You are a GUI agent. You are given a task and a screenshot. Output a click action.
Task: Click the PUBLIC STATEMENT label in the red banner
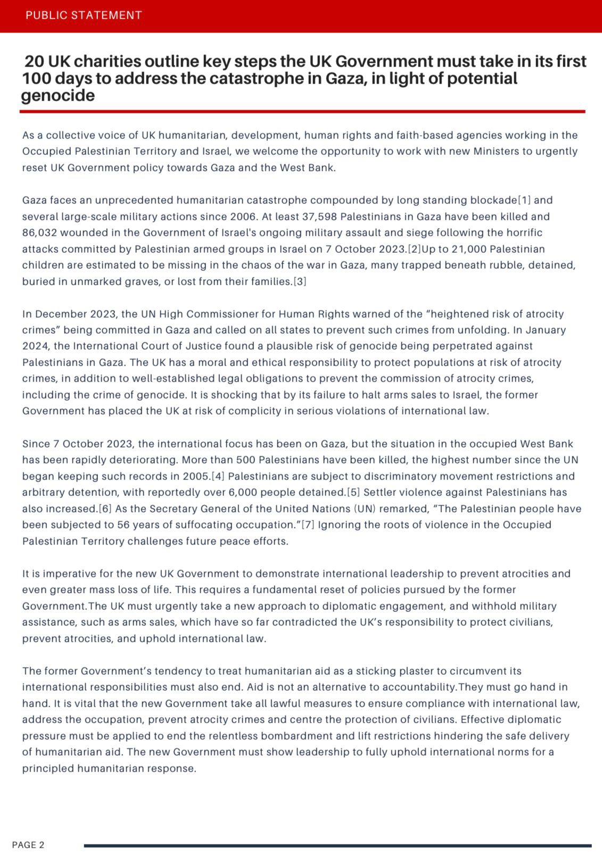point(84,15)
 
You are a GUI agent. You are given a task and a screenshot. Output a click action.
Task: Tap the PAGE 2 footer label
point(28,845)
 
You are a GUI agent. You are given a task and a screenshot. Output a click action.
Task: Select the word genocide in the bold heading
point(58,96)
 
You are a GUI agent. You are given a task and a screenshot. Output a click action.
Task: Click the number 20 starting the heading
point(35,62)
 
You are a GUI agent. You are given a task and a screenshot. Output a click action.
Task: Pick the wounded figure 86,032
point(40,233)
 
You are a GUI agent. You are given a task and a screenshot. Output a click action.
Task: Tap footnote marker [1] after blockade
point(524,201)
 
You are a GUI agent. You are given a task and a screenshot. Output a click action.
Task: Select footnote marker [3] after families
point(300,281)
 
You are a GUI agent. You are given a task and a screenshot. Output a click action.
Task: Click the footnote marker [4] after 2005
point(218,476)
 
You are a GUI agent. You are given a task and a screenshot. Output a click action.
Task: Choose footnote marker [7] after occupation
point(308,525)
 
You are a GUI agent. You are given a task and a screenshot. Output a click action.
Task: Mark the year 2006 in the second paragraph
point(243,217)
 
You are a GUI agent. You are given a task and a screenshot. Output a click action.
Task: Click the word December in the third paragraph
point(59,314)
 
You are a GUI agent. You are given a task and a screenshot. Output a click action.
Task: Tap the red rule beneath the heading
point(302,112)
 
